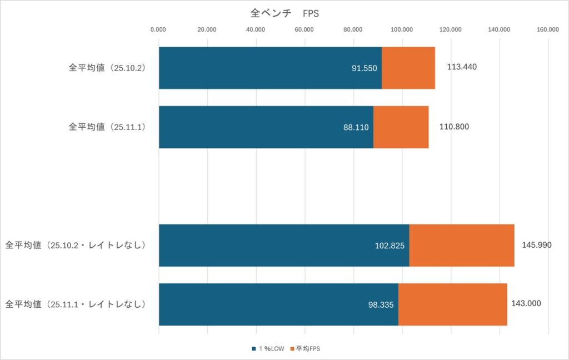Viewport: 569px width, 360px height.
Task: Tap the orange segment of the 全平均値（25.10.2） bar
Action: (x=408, y=68)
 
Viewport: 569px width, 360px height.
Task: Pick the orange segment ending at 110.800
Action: (x=401, y=127)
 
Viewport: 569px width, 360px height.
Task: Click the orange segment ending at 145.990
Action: (x=461, y=245)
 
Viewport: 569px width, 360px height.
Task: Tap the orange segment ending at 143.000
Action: (x=452, y=304)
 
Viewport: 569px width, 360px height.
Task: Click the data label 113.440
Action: (x=462, y=67)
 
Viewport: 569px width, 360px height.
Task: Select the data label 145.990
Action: (x=536, y=245)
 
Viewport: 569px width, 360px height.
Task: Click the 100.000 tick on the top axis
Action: (x=402, y=30)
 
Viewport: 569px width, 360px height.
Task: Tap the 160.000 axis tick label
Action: (x=547, y=30)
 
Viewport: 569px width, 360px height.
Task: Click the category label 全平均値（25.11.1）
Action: (x=106, y=127)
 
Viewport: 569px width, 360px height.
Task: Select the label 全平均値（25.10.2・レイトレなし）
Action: (x=75, y=245)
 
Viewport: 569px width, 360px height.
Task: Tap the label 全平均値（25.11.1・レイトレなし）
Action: (x=75, y=304)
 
